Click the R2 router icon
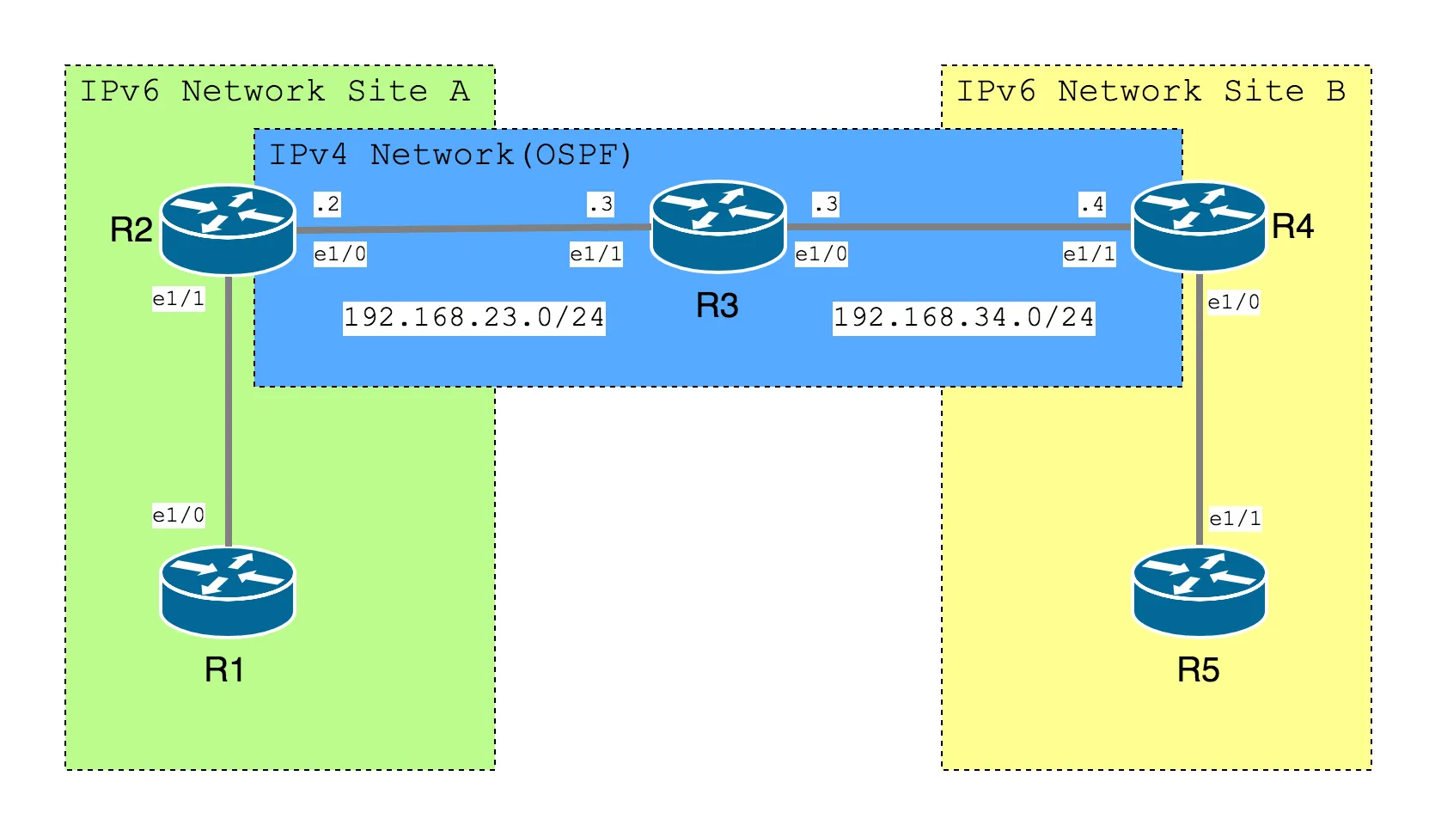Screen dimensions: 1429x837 point(228,229)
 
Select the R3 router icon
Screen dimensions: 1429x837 point(718,226)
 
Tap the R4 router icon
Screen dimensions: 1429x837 point(1199,227)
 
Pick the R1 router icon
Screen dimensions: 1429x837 point(228,591)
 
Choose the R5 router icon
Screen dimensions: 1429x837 point(1200,591)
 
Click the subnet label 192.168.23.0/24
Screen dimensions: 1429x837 point(474,318)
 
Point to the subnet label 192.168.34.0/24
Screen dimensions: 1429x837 point(964,318)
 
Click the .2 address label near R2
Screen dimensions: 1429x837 point(327,205)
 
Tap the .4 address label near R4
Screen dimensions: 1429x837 point(1092,205)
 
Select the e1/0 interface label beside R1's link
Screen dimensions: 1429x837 point(179,515)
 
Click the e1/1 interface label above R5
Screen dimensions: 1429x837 point(1235,519)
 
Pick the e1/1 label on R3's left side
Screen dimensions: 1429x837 point(595,254)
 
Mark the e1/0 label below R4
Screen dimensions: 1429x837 point(1234,302)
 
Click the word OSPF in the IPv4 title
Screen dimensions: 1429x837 point(577,155)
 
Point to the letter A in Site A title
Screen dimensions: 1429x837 point(460,91)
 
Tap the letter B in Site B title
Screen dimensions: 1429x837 point(1336,91)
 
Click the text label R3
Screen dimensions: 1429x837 point(717,306)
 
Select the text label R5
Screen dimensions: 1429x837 point(1198,670)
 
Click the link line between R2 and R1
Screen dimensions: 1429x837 point(228,411)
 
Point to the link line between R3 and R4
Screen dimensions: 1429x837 point(959,227)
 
